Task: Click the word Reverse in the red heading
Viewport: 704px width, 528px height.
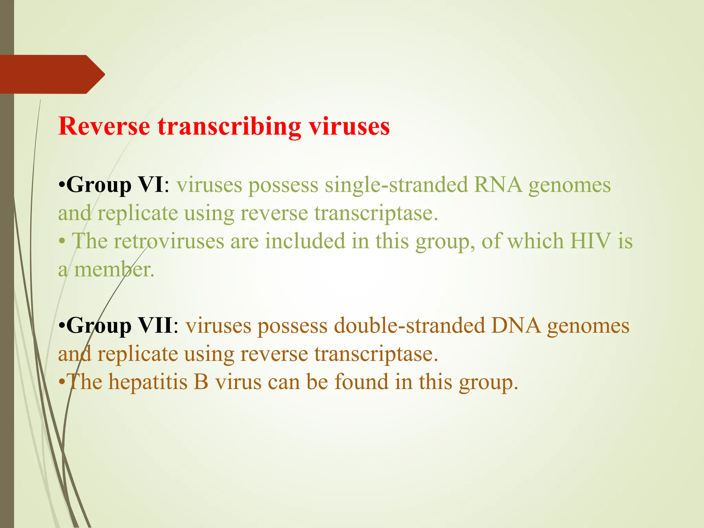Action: (104, 126)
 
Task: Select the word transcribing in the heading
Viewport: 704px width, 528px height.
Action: (229, 127)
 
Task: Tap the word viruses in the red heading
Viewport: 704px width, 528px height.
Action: (349, 126)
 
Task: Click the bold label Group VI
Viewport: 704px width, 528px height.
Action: (115, 185)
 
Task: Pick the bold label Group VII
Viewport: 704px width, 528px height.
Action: (119, 326)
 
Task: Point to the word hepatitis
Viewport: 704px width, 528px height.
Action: (148, 382)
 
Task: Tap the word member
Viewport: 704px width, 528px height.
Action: (114, 269)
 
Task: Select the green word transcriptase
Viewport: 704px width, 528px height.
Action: (376, 213)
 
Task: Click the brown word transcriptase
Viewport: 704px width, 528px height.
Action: (376, 354)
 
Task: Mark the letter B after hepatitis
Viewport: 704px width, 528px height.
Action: (201, 382)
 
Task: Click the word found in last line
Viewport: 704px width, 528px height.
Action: (361, 382)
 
